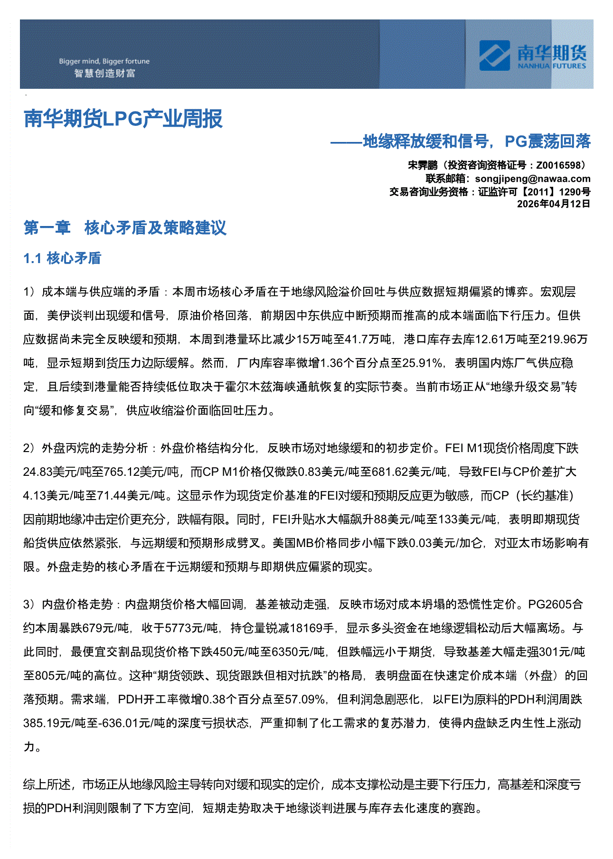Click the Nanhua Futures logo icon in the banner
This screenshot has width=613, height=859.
[x=494, y=55]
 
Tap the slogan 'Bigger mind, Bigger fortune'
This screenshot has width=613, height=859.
[x=104, y=61]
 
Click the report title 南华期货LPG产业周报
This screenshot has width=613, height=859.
[x=123, y=119]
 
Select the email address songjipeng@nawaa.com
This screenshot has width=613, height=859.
[x=533, y=179]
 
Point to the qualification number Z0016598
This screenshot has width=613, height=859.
[x=558, y=165]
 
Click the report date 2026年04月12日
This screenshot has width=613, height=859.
[x=553, y=204]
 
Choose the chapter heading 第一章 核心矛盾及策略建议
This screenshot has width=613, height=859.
[x=125, y=228]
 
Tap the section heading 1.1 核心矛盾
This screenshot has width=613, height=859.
[x=62, y=258]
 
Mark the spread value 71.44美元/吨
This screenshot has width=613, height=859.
[x=131, y=495]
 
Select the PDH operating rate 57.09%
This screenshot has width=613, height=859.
[x=304, y=699]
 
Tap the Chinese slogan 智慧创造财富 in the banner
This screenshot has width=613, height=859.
[x=104, y=74]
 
